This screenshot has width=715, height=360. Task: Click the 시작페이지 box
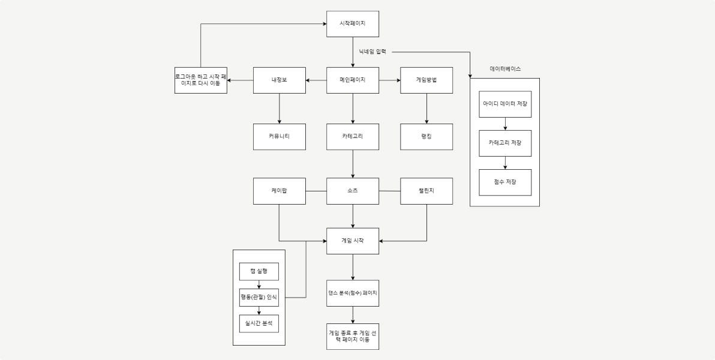click(x=353, y=24)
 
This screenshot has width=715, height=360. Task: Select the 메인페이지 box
click(x=353, y=80)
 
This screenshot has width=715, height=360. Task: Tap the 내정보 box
click(x=280, y=80)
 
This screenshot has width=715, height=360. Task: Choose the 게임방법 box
click(x=426, y=80)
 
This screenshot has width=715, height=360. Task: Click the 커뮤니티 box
click(x=280, y=137)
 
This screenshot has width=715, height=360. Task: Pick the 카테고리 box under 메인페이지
click(x=353, y=137)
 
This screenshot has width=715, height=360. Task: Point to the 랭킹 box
click(x=426, y=137)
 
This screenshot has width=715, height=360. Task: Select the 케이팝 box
click(x=280, y=191)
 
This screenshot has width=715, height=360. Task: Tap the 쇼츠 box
click(x=353, y=191)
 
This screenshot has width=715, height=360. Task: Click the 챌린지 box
click(x=426, y=191)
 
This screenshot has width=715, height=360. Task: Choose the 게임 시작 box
click(x=353, y=241)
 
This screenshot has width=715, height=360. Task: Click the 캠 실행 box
click(x=259, y=271)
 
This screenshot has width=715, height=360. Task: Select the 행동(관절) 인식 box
click(x=259, y=297)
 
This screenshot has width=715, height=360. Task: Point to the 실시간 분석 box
click(x=259, y=323)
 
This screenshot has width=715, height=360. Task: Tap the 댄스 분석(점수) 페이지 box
click(x=353, y=293)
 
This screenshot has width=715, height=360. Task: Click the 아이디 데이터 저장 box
click(x=505, y=104)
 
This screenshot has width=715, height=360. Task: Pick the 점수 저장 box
click(x=505, y=182)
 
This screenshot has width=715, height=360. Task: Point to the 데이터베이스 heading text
click(x=505, y=69)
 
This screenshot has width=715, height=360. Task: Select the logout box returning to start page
click(x=200, y=80)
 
